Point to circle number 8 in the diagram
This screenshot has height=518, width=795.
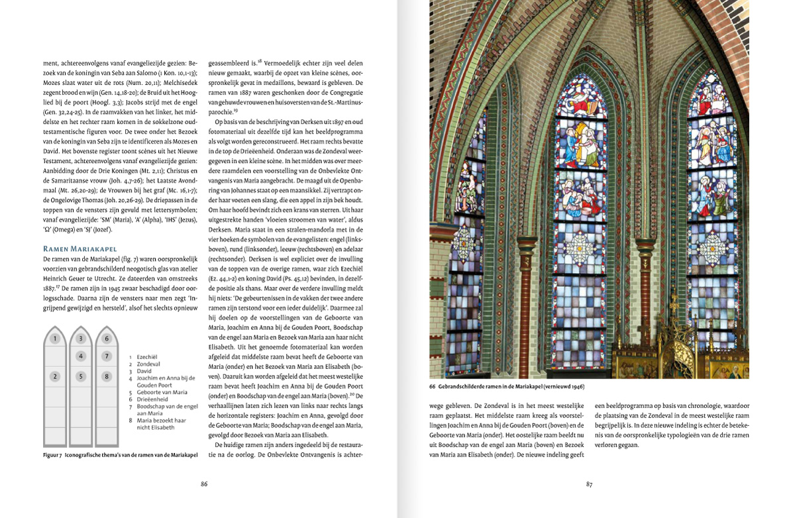tap(107, 376)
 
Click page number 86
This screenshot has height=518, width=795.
tap(204, 484)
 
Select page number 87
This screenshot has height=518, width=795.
tap(589, 484)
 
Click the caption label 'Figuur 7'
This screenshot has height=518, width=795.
tap(52, 455)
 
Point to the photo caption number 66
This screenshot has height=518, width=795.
tap(432, 386)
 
